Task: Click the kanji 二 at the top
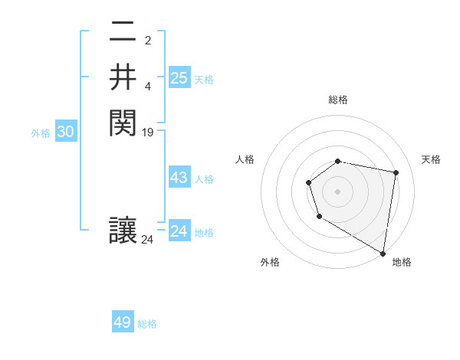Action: click(x=123, y=34)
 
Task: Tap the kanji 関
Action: click(x=123, y=122)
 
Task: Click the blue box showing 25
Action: click(x=179, y=78)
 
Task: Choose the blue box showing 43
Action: click(x=179, y=178)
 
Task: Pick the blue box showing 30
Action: click(x=66, y=132)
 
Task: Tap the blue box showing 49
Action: click(x=123, y=322)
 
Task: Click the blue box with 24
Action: click(x=179, y=231)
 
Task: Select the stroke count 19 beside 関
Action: click(x=148, y=132)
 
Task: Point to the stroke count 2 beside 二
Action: click(x=148, y=40)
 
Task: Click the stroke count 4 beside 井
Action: click(x=148, y=86)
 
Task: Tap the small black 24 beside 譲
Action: click(x=148, y=240)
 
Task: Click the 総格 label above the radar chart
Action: click(x=338, y=100)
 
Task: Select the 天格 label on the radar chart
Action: click(x=432, y=159)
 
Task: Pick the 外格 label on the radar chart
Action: click(x=270, y=262)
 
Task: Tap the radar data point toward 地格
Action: click(x=383, y=253)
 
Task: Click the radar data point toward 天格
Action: click(x=396, y=172)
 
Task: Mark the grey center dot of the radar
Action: click(x=338, y=191)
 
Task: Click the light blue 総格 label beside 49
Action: click(x=148, y=324)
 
